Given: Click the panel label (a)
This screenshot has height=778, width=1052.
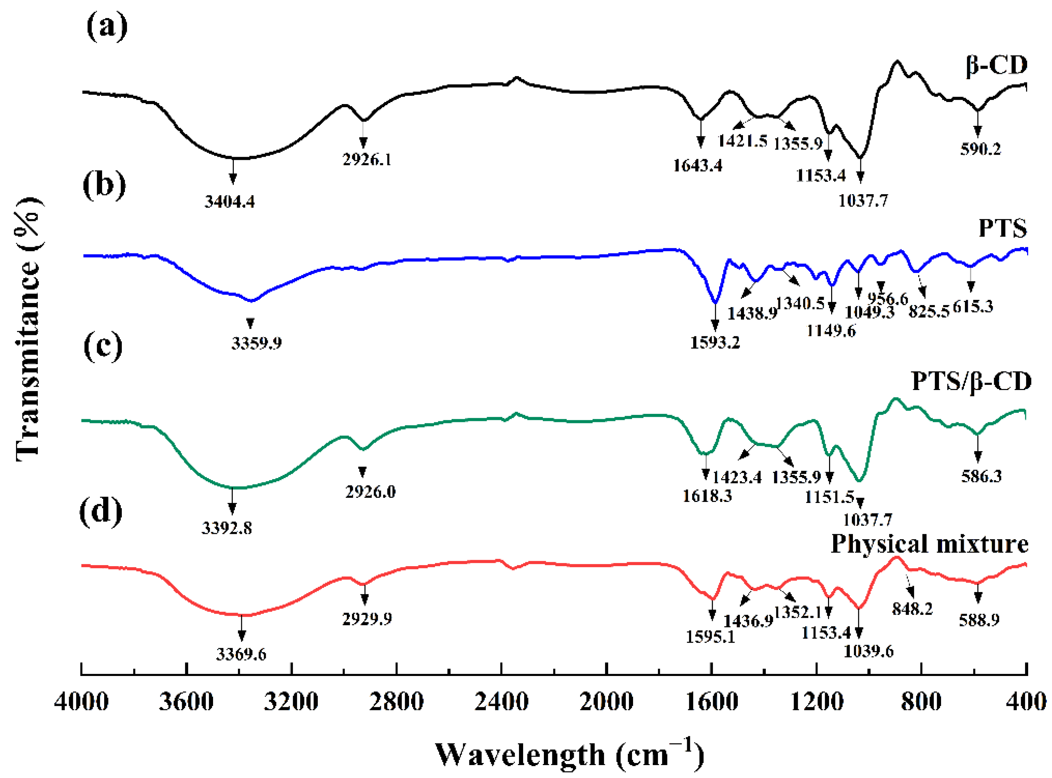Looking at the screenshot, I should (x=107, y=27).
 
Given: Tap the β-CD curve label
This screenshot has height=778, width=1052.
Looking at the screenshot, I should (x=996, y=65).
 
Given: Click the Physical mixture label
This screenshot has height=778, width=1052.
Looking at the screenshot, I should (x=929, y=544).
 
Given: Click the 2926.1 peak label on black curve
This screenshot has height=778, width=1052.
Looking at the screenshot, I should (x=367, y=160).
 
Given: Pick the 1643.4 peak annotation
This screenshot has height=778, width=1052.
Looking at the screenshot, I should (x=698, y=166).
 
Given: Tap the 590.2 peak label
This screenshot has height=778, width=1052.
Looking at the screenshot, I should (x=981, y=149).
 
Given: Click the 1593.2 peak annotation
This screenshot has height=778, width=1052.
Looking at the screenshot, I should (x=715, y=342).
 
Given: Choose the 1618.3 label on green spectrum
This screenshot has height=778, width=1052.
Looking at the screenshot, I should (x=707, y=495).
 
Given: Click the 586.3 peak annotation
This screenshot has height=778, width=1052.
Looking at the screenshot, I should (x=981, y=476).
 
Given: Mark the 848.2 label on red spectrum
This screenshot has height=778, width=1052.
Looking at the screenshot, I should (x=912, y=609).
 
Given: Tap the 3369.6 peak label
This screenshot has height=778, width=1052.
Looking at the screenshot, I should (x=241, y=654).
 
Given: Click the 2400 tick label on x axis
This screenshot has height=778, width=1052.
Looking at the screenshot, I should (x=501, y=702).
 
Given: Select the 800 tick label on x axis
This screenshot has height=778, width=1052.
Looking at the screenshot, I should (x=921, y=702).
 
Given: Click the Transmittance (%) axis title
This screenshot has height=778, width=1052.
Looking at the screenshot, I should (x=28, y=329).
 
